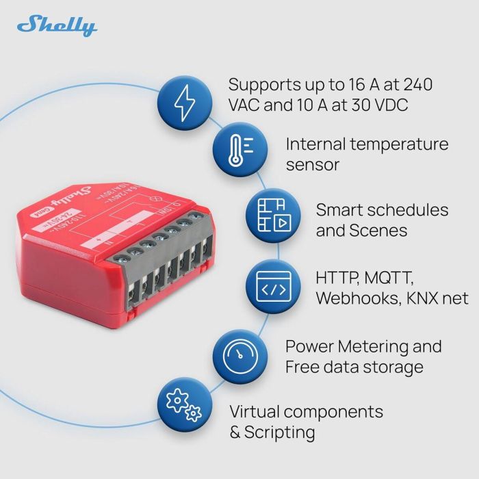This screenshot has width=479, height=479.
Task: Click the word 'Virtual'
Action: pyautogui.click(x=253, y=412)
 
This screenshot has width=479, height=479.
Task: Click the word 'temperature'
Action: pyautogui.click(x=399, y=144)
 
